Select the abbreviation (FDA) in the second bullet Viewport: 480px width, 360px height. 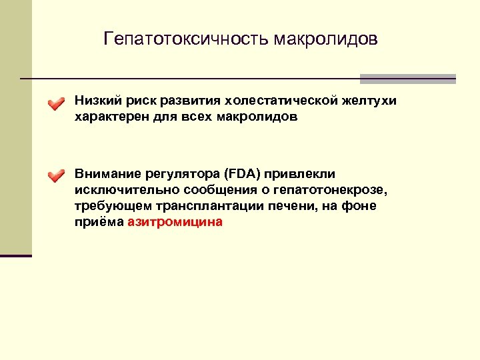pyautogui.click(x=243, y=175)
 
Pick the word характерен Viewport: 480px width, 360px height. pyautogui.click(x=109, y=117)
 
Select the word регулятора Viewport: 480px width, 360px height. pyautogui.click(x=179, y=175)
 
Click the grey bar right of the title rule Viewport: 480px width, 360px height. pyautogui.click(x=407, y=79)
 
